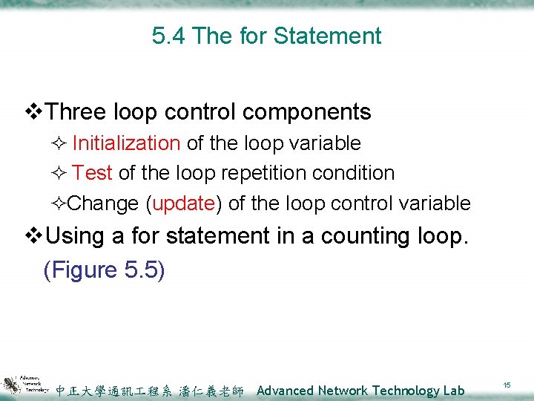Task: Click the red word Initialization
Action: pos(126,143)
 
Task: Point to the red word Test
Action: pos(93,173)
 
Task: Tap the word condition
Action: pos(352,173)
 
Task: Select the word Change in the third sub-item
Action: pos(103,203)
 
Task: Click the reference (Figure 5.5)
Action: pos(104,270)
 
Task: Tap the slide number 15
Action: pos(507,385)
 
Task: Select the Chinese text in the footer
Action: pos(149,391)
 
